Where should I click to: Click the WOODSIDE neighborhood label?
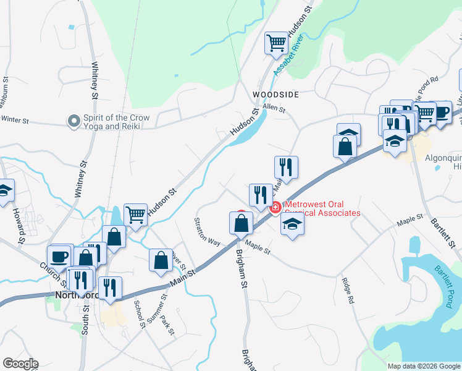[275, 95]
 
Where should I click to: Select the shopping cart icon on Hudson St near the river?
[276, 43]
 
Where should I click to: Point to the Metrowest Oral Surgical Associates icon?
[275, 207]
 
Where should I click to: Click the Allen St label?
[274, 108]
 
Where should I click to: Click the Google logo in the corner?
[20, 364]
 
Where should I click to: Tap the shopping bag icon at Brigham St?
[241, 223]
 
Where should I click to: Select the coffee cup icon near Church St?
[60, 256]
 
